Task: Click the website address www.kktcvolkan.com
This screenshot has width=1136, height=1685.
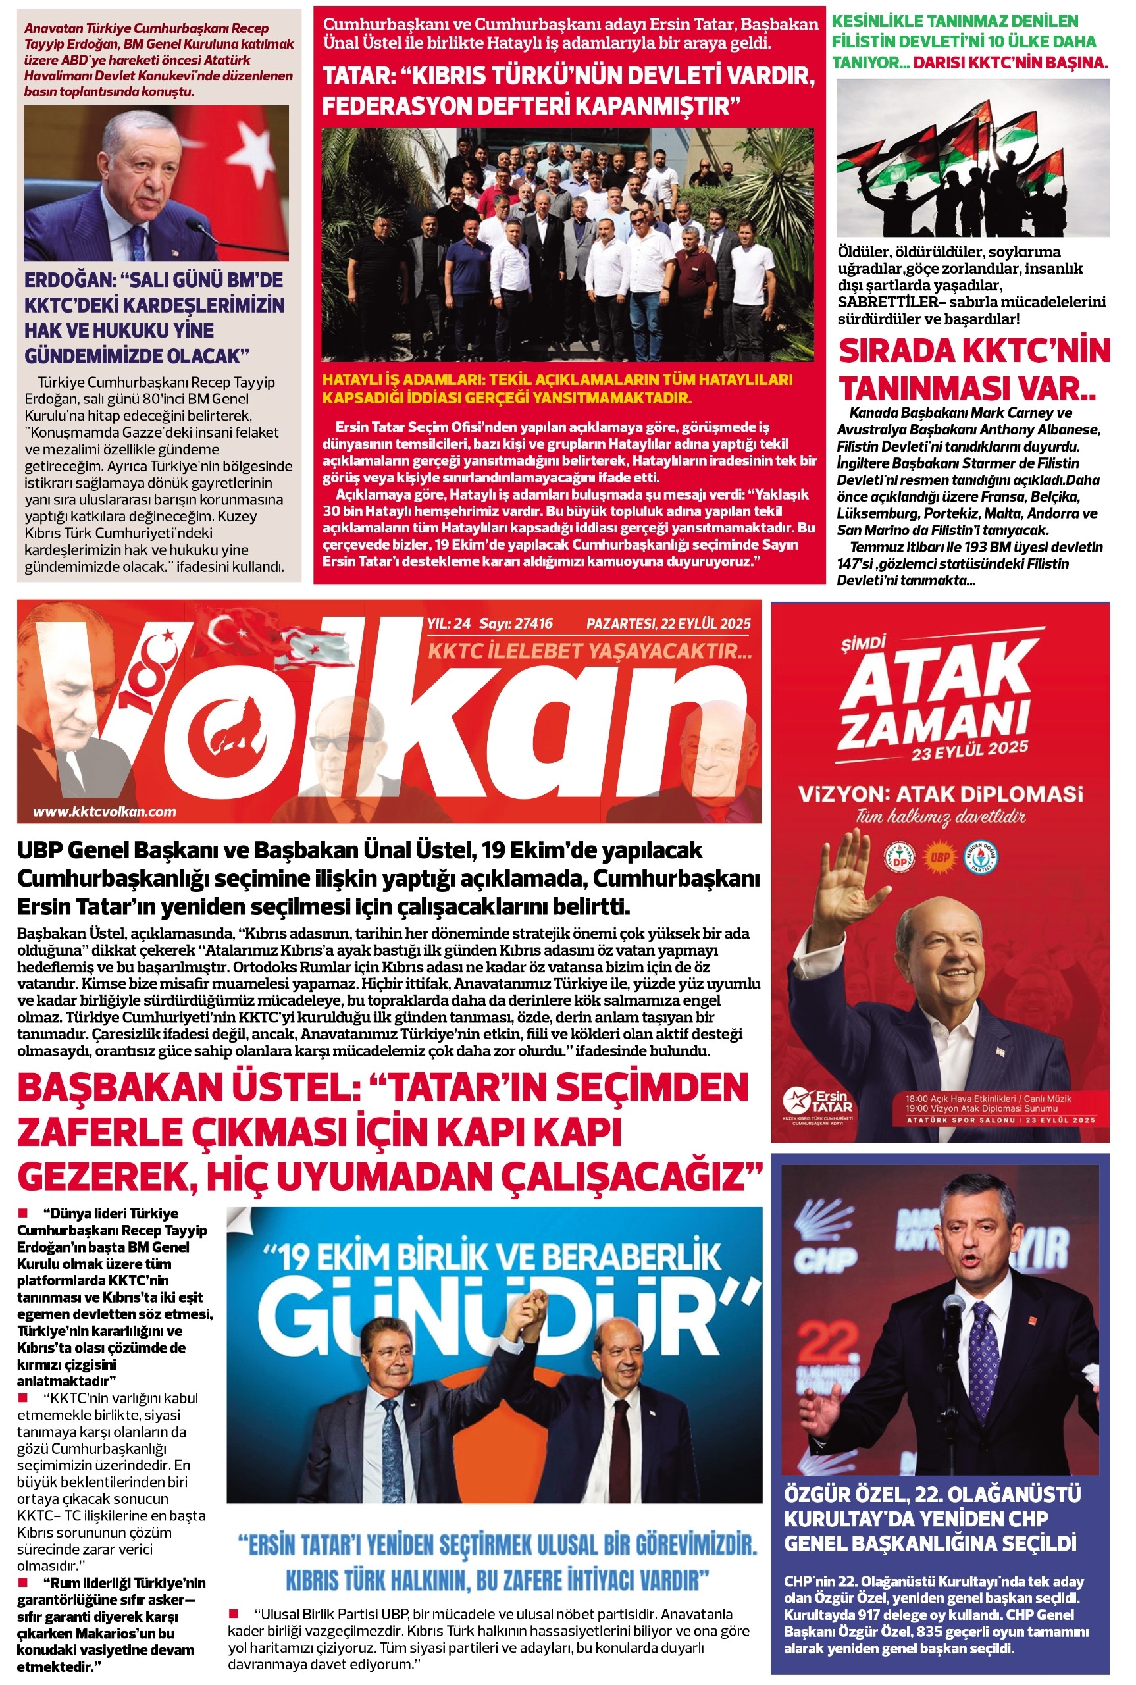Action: click(x=105, y=812)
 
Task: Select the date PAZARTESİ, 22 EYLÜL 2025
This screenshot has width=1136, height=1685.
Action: click(x=668, y=623)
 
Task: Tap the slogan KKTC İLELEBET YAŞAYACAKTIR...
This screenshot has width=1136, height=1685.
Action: click(x=589, y=650)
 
